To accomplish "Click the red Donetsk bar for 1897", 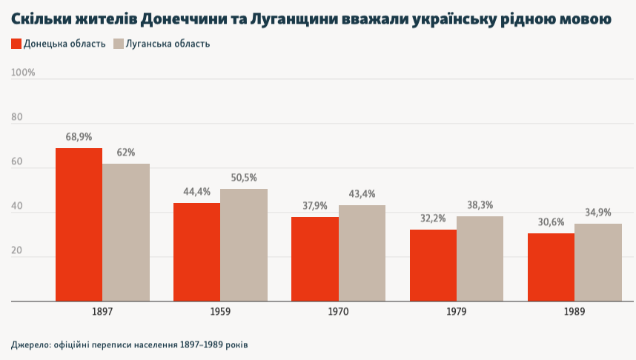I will [79, 225].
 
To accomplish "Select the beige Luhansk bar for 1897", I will [126, 233].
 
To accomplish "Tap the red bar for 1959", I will [196, 252].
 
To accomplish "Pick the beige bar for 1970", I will [362, 253].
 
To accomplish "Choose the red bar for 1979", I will [433, 265].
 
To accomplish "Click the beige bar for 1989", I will [598, 262].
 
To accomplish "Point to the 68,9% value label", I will [79, 137].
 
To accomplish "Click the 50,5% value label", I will [244, 178].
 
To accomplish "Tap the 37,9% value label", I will [315, 206].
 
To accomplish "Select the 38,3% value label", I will [480, 205].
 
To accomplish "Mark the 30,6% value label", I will [551, 222].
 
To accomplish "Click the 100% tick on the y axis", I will [23, 73].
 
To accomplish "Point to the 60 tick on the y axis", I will [17, 161].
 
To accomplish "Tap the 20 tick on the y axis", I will [17, 251].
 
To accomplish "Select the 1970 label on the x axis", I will [339, 313].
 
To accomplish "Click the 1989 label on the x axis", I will [574, 313].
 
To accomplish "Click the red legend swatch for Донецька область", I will [16, 44].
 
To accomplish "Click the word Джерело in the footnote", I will [27, 345].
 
